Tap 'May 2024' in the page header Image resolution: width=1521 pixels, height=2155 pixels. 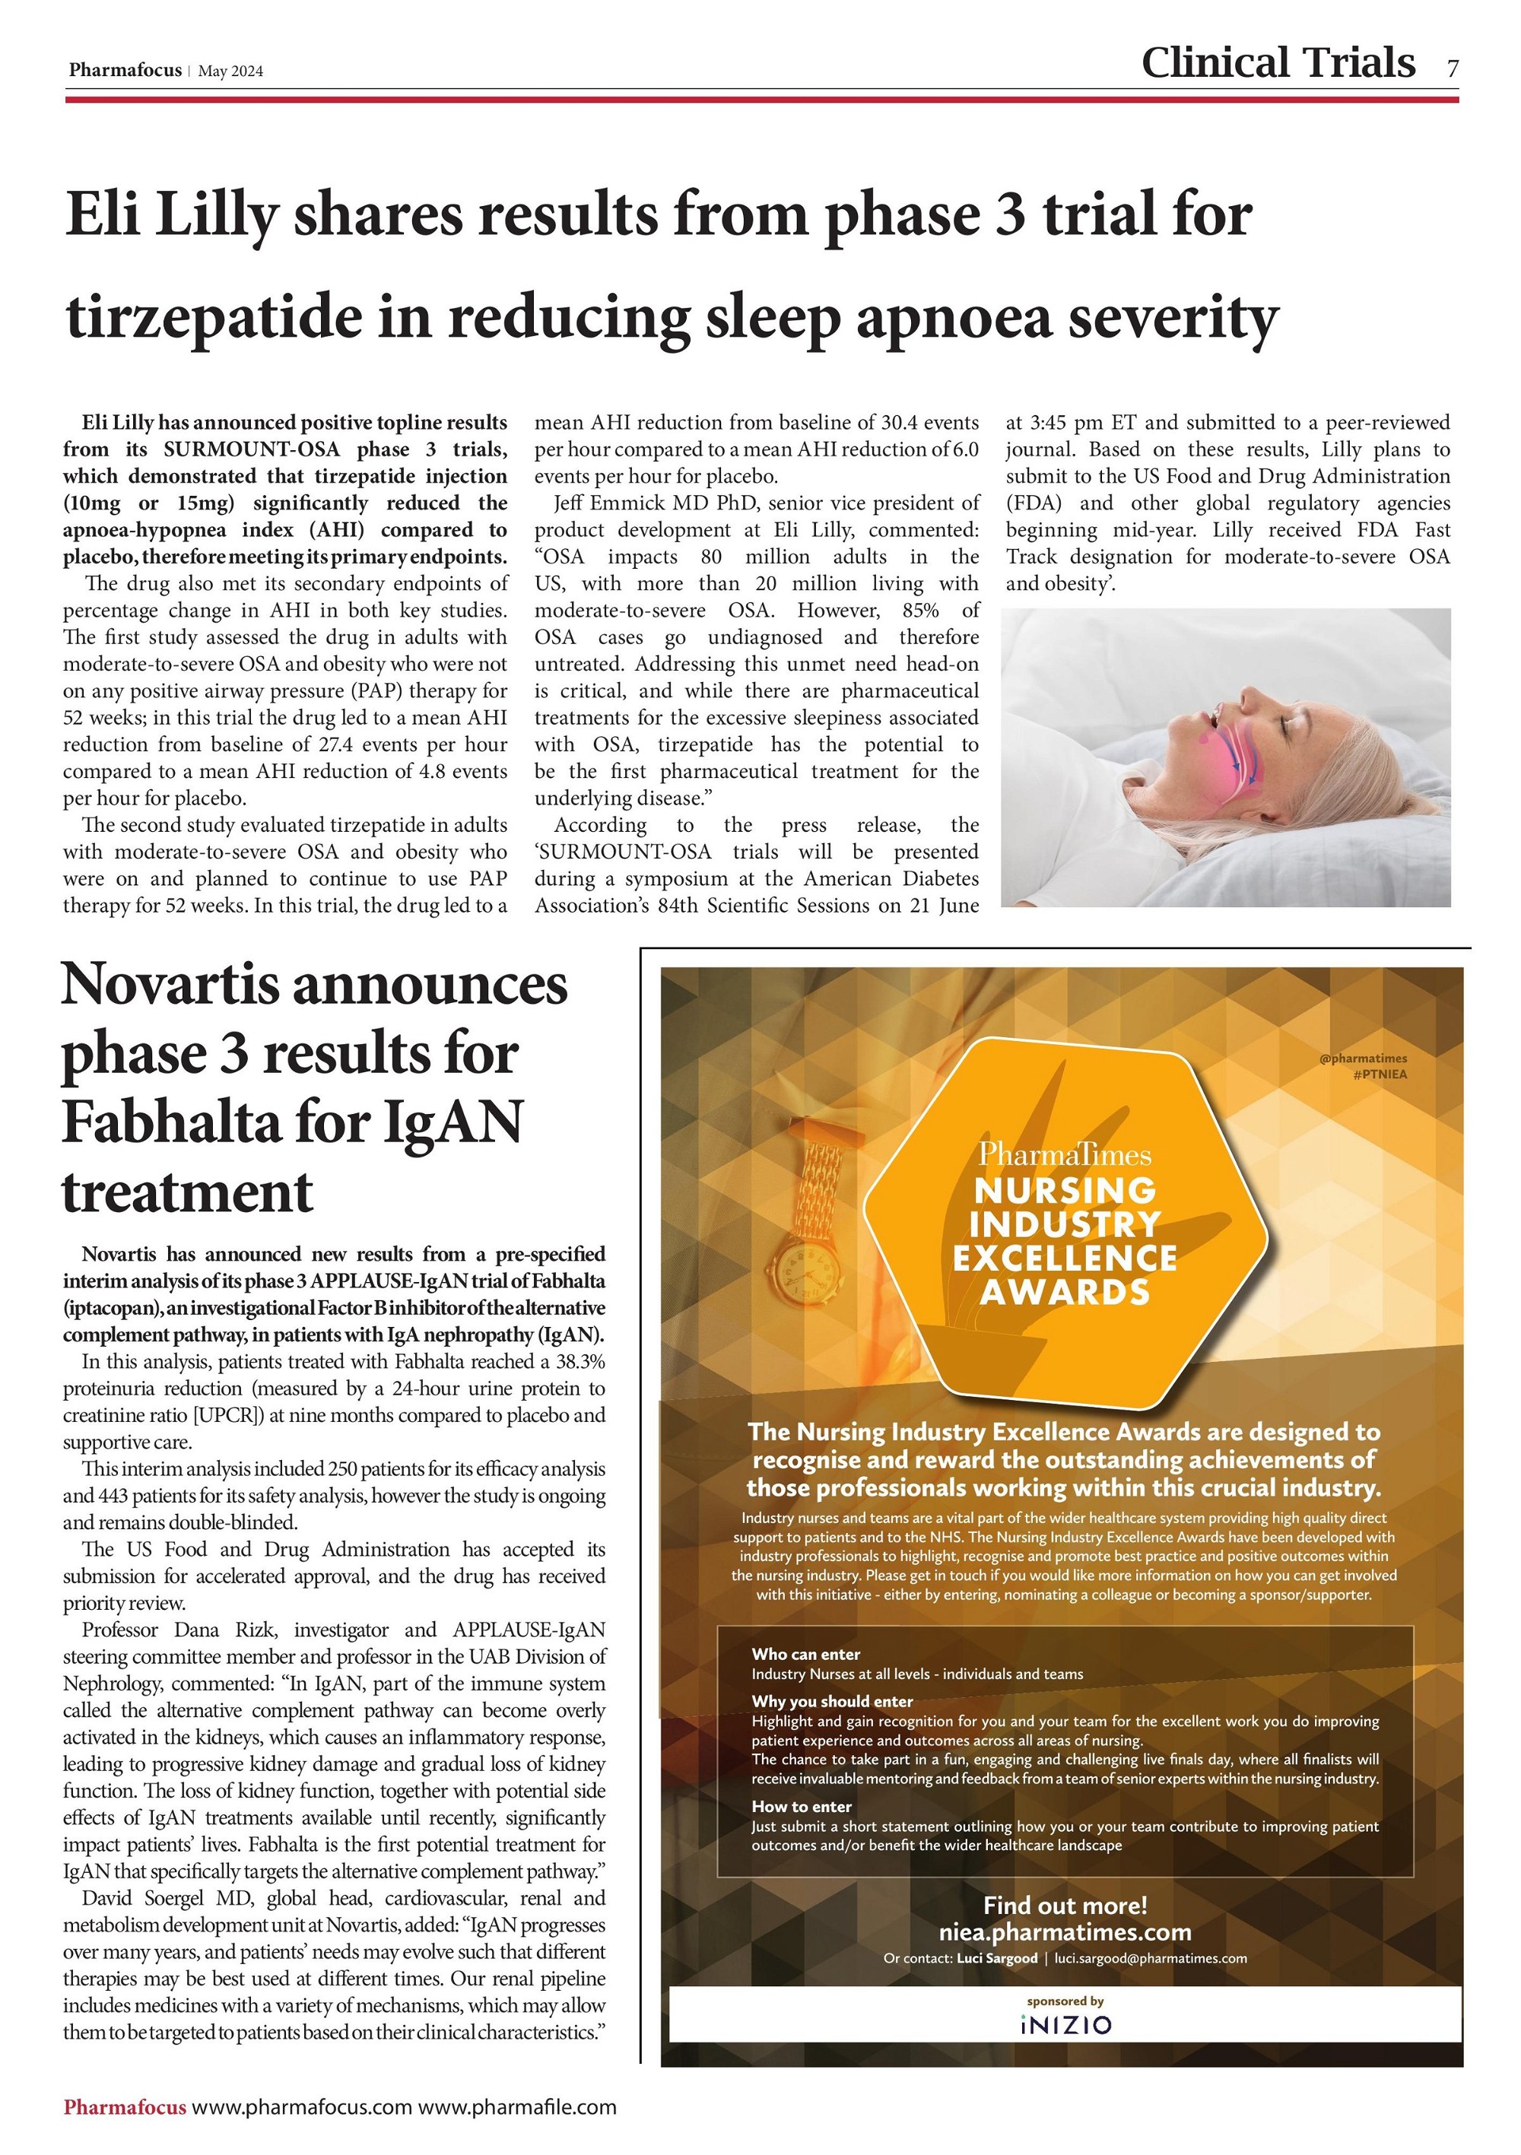pyautogui.click(x=231, y=71)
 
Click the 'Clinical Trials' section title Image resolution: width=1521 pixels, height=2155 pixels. pyautogui.click(x=1277, y=63)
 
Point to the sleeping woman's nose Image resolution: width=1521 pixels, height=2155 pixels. pyautogui.click(x=1248, y=696)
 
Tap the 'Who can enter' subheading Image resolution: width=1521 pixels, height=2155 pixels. pyautogui.click(x=805, y=1654)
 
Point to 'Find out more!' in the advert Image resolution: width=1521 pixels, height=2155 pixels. pyautogui.click(x=1065, y=1906)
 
